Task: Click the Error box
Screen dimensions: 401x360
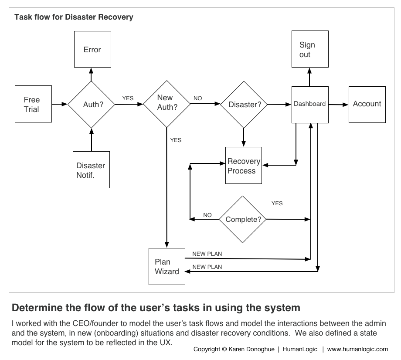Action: point(92,49)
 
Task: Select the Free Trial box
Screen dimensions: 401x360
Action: point(33,104)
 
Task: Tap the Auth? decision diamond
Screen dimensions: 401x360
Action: point(91,104)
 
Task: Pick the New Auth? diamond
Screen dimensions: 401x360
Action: point(167,104)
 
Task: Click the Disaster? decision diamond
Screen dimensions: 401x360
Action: point(244,105)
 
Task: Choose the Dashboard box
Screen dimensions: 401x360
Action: point(310,105)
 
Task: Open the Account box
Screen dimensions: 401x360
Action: point(367,105)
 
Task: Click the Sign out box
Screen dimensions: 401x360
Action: point(310,49)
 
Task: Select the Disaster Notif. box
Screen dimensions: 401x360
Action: point(91,170)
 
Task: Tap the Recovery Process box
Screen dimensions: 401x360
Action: point(244,166)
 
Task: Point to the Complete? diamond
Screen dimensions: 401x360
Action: point(242,219)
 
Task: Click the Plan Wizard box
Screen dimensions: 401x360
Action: point(167,266)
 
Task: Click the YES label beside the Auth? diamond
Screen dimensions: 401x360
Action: point(128,98)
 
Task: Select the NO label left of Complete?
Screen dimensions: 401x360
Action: point(207,215)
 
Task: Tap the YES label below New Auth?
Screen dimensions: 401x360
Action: point(176,140)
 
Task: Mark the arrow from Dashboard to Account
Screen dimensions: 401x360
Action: point(338,105)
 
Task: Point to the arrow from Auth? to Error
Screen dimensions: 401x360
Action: point(91,75)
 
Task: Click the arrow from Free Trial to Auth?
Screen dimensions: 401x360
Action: point(60,104)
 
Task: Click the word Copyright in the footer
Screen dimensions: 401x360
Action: point(207,349)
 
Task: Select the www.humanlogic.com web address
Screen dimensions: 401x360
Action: point(357,349)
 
